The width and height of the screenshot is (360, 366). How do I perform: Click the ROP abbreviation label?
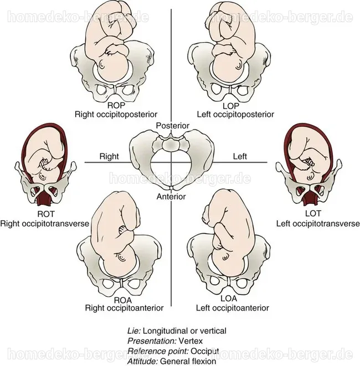pos(116,106)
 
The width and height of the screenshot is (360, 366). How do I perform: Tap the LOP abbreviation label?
pos(230,106)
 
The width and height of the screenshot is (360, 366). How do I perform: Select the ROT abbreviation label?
pos(46,214)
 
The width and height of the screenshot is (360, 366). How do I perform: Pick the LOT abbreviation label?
pos(313,213)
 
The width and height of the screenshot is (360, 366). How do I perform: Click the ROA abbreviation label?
pos(123,300)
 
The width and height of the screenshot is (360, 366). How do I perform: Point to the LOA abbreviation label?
pos(229,298)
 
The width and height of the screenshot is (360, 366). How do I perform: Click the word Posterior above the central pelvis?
pos(173,126)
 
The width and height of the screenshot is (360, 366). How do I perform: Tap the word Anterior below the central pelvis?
pos(171,197)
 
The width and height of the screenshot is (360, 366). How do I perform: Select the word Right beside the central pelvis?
pos(109,156)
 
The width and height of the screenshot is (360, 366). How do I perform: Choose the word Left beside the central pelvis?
pos(240,156)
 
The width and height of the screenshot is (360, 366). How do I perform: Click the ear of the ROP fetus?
pos(102,64)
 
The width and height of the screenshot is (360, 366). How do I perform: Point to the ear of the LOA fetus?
pos(225,257)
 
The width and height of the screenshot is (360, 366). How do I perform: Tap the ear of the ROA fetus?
pos(121,257)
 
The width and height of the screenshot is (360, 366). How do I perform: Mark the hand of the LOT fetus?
pos(310,162)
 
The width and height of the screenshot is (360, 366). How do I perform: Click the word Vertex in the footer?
pos(191,341)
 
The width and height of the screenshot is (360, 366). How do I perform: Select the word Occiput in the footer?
pos(205,351)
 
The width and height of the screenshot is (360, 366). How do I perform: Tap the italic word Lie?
pos(134,331)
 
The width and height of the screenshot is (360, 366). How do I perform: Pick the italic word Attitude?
pos(143,362)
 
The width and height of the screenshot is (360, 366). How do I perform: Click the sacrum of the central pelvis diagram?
pos(171,144)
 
